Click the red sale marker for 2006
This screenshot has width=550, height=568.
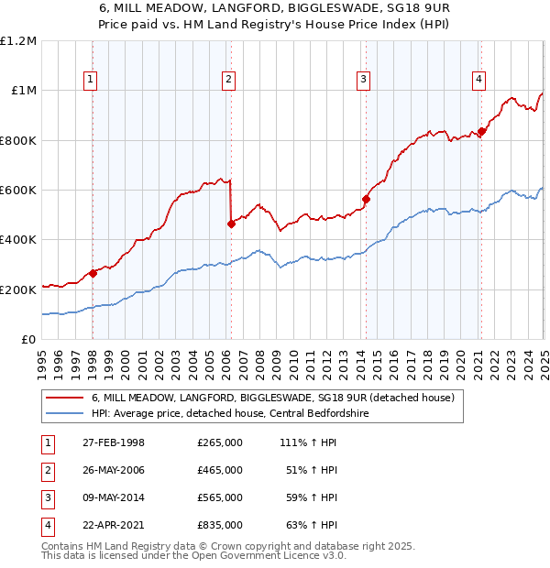pos(231,224)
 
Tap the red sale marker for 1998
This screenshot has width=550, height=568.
pos(93,273)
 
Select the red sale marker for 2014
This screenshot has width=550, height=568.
pos(366,199)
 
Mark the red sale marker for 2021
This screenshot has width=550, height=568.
pos(482,131)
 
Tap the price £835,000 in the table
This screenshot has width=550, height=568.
pos(220,525)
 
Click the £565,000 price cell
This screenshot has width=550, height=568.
pos(220,497)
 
